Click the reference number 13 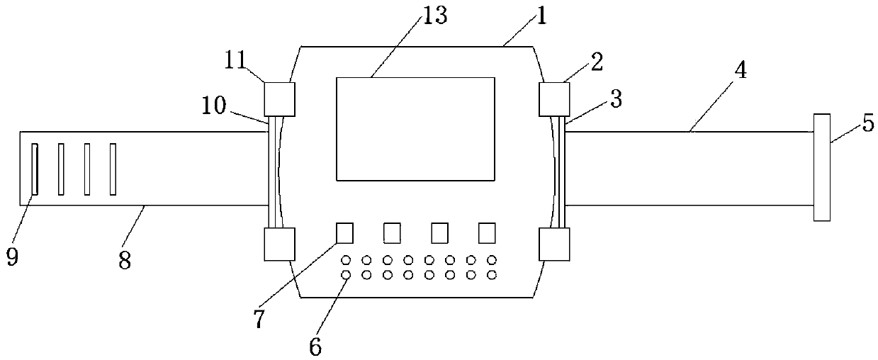point(434,16)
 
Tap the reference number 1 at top point(541,16)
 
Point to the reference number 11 point(235,61)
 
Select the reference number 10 point(214,105)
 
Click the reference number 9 point(12,257)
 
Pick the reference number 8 point(125,260)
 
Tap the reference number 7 point(259,318)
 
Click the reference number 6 point(315,347)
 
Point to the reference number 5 point(869,123)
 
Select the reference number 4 point(741,70)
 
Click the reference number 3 point(617,99)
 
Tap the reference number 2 point(597,62)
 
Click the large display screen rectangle point(415,129)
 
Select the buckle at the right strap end point(822,167)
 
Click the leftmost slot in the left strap point(35,169)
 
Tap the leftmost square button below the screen point(345,233)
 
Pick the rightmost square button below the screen point(487,233)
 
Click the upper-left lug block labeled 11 point(279,99)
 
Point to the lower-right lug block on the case point(554,244)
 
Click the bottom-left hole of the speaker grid point(346,275)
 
